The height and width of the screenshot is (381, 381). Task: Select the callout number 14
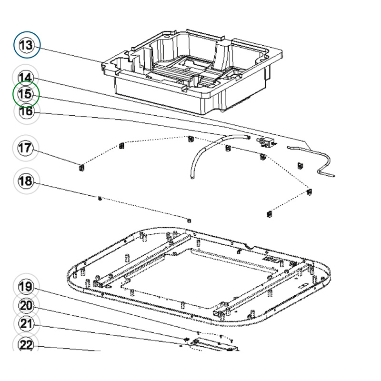pyautogui.click(x=27, y=77)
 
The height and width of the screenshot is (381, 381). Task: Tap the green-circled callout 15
pyautogui.click(x=26, y=94)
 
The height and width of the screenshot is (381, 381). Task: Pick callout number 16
pyautogui.click(x=27, y=111)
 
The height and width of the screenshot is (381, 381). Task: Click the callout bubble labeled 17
pyautogui.click(x=27, y=148)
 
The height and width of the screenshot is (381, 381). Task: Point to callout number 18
pyautogui.click(x=27, y=181)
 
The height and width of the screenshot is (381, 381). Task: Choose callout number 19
pyautogui.click(x=27, y=287)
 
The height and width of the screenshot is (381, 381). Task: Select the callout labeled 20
pyautogui.click(x=27, y=305)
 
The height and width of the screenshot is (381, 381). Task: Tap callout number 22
pyautogui.click(x=27, y=345)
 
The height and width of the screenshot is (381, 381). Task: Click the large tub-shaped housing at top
pyautogui.click(x=190, y=71)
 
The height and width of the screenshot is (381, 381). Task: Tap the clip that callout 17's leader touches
pyautogui.click(x=81, y=167)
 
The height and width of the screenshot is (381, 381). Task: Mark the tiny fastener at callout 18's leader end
pyautogui.click(x=99, y=198)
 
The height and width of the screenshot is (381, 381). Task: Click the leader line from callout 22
pyautogui.click(x=71, y=348)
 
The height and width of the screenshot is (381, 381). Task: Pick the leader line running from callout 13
pyautogui.click(x=71, y=54)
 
